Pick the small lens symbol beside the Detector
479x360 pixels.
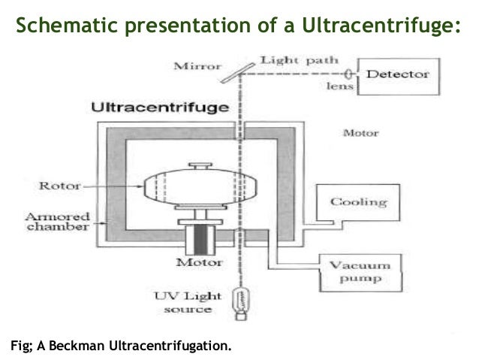click(x=350, y=74)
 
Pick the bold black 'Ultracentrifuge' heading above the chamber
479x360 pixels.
click(x=160, y=107)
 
